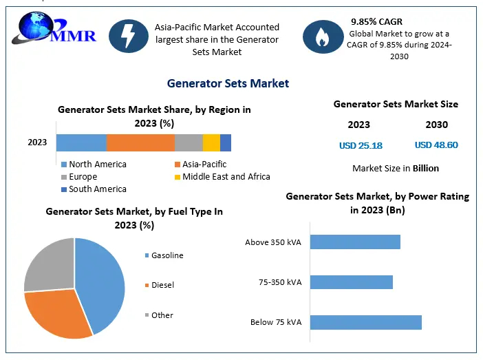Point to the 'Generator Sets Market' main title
228,83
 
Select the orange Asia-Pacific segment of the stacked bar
140,142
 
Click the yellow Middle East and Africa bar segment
211,142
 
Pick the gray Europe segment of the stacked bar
189,142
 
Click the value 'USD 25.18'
361,145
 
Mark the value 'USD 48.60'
436,145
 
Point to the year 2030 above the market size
436,125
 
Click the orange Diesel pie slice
58,313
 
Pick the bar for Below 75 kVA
365,322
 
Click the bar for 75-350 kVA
351,282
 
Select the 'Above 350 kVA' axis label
273,242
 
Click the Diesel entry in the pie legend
162,285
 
